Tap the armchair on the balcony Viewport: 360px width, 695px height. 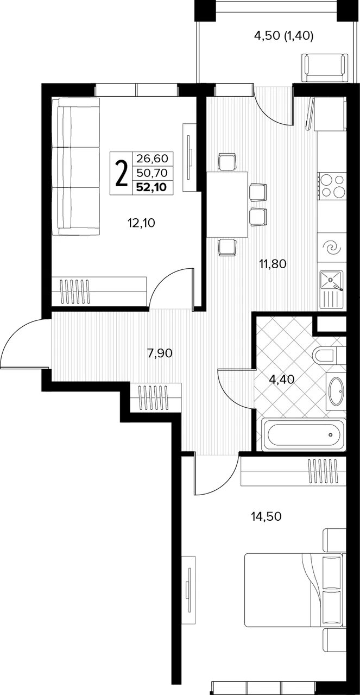[x=324, y=68]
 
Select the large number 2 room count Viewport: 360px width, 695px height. [x=121, y=173]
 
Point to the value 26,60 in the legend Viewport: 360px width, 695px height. [x=152, y=159]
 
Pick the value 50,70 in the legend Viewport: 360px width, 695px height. [x=152, y=172]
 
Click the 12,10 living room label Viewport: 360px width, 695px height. [x=141, y=223]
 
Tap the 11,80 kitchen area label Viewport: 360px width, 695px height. [x=273, y=264]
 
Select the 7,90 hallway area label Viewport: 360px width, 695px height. [x=160, y=353]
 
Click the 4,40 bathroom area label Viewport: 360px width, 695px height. [x=282, y=379]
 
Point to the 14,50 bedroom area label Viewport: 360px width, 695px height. [x=266, y=516]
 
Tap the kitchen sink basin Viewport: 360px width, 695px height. [x=331, y=280]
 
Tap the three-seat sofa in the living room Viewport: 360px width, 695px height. [x=75, y=167]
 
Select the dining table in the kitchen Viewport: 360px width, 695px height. [x=228, y=205]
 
